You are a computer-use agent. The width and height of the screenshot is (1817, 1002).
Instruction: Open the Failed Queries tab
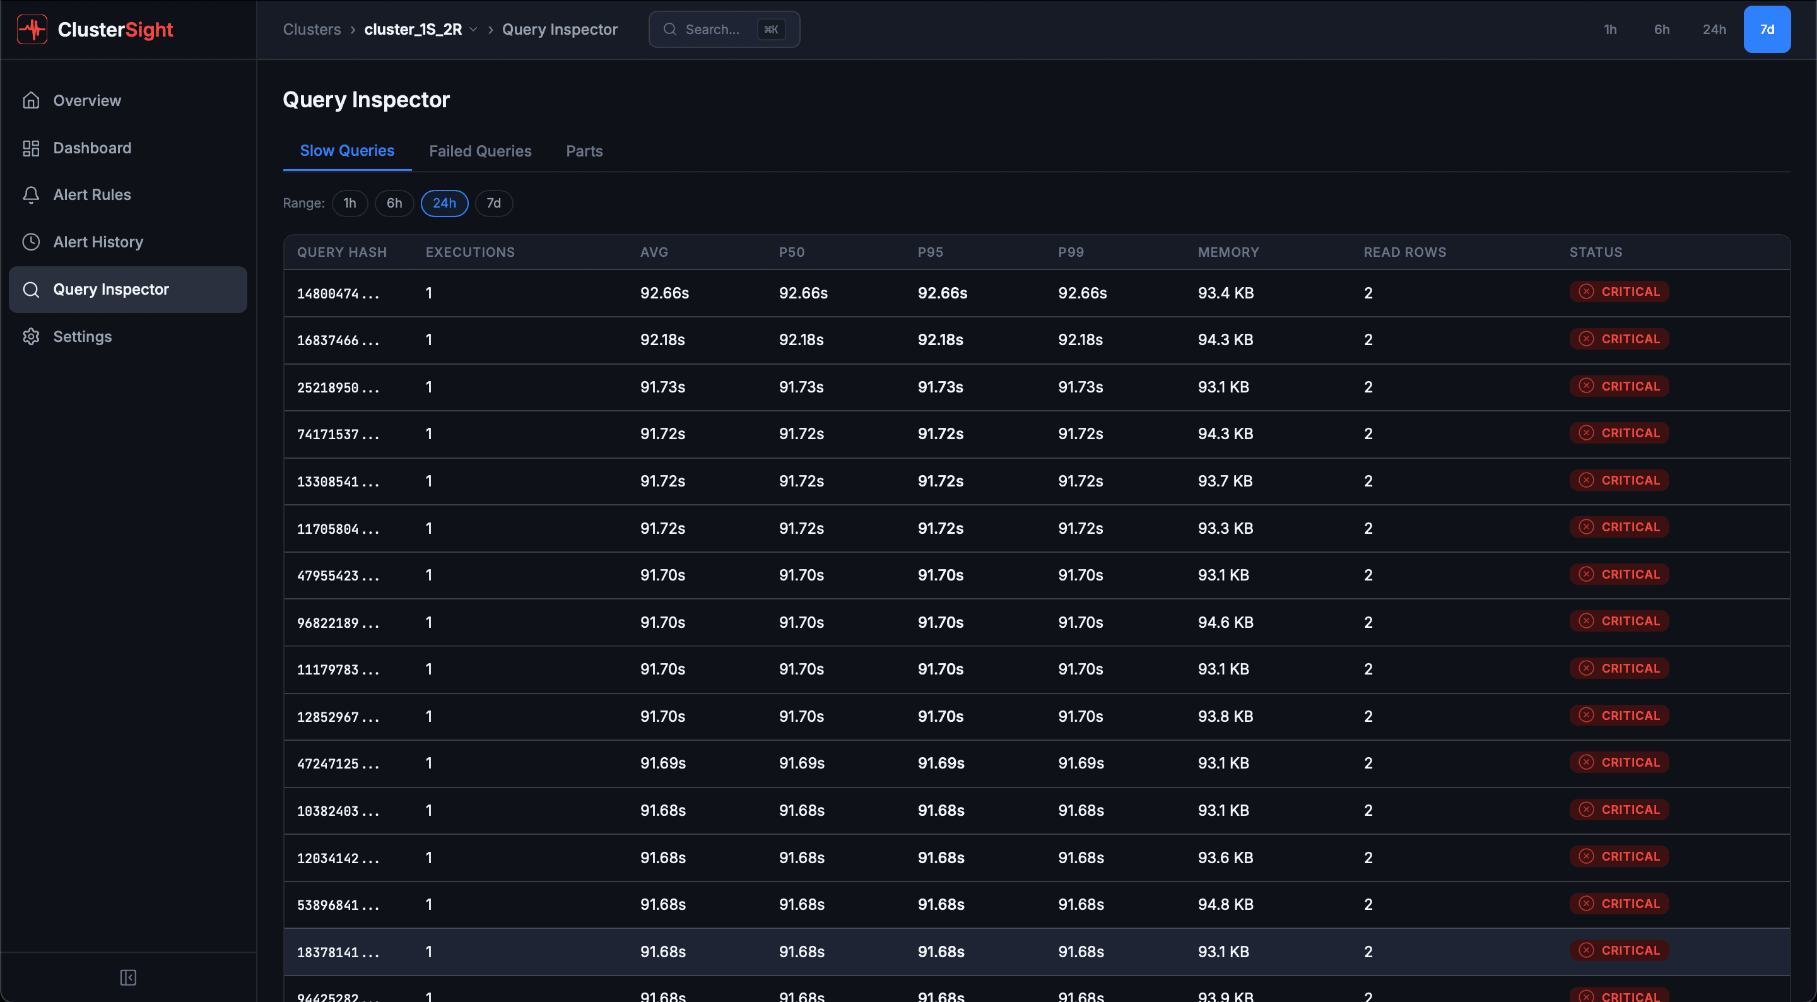point(479,151)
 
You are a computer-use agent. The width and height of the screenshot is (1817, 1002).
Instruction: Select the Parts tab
point(584,151)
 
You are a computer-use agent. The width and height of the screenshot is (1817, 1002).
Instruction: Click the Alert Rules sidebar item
point(91,195)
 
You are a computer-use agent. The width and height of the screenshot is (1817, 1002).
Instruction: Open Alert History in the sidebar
point(98,242)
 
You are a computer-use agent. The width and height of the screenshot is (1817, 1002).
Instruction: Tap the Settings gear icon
point(31,336)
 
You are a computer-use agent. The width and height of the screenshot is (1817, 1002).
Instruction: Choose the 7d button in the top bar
point(1767,30)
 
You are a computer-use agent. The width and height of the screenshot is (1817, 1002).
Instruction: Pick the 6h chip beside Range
point(394,203)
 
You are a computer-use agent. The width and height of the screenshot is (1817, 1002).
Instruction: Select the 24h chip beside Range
point(444,203)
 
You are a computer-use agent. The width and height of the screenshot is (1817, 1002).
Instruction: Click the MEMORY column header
point(1227,252)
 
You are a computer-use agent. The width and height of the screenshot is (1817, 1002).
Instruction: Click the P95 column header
point(930,252)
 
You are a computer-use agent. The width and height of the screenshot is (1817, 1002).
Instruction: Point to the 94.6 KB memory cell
point(1225,622)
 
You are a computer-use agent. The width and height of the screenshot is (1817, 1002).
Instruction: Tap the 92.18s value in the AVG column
point(662,340)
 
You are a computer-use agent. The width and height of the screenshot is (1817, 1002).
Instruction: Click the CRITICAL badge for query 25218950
point(1619,387)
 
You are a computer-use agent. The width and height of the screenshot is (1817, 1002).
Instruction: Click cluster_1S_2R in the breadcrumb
point(413,30)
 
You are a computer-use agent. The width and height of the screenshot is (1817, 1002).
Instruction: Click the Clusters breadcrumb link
point(312,30)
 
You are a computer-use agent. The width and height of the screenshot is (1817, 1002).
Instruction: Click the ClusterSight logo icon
point(32,30)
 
